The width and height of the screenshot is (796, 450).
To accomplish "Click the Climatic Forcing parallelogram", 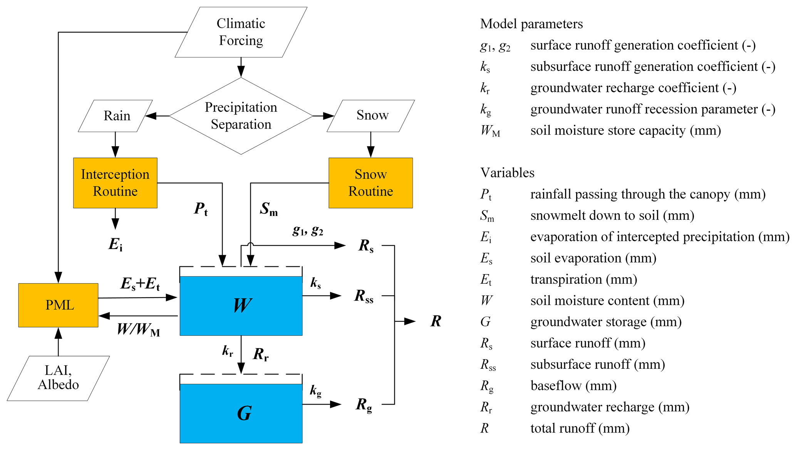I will pyautogui.click(x=241, y=32).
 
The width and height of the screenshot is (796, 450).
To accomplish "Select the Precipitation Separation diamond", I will pyautogui.click(x=241, y=116).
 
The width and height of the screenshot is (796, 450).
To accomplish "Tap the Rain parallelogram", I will pyautogui.click(x=116, y=116).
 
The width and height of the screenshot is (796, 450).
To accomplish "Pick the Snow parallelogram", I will pyautogui.click(x=371, y=115).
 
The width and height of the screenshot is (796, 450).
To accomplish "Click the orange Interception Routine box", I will pyautogui.click(x=115, y=183).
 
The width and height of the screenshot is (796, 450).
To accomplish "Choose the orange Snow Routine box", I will pyautogui.click(x=370, y=183).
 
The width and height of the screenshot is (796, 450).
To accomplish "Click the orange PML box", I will pyautogui.click(x=59, y=305).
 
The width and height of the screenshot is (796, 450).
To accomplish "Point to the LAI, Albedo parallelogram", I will pyautogui.click(x=59, y=378).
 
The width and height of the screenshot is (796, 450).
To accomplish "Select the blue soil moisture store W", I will pyautogui.click(x=241, y=306).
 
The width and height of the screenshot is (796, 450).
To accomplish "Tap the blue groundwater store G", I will pyautogui.click(x=241, y=413).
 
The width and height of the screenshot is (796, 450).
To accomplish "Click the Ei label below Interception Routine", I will pyautogui.click(x=115, y=244).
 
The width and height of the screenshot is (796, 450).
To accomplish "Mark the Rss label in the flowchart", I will pyautogui.click(x=364, y=296).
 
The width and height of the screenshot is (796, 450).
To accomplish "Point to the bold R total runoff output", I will pyautogui.click(x=436, y=321).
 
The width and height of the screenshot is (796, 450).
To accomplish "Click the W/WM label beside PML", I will pyautogui.click(x=138, y=330).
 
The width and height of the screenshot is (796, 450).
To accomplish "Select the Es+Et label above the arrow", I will pyautogui.click(x=140, y=284).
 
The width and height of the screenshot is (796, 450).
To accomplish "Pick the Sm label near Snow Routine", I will pyautogui.click(x=268, y=209).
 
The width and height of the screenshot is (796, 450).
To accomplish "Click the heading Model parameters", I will pyautogui.click(x=531, y=24).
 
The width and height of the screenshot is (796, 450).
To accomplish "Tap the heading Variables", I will pyautogui.click(x=507, y=173).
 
